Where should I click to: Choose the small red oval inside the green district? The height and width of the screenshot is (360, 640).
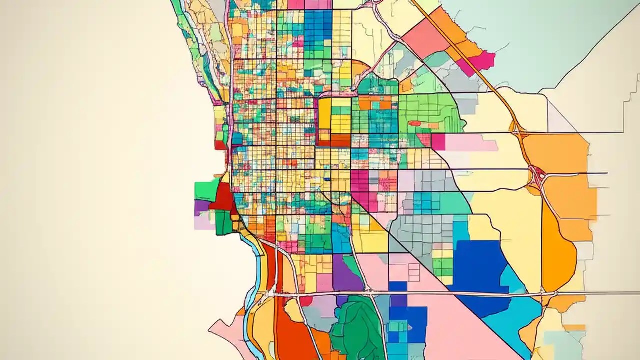[x=414, y=123]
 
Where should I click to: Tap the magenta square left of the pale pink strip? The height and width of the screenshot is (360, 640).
[x=438, y=142]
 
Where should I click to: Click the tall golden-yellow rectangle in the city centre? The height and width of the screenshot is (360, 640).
[x=325, y=113]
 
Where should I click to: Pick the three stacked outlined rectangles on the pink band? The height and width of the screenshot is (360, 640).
[x=414, y=272]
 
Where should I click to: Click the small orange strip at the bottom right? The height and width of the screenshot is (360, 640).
[x=574, y=328]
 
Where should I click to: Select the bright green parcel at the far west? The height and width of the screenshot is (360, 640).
[x=206, y=190]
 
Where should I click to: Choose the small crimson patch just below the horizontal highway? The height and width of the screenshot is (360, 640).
[x=306, y=301]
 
